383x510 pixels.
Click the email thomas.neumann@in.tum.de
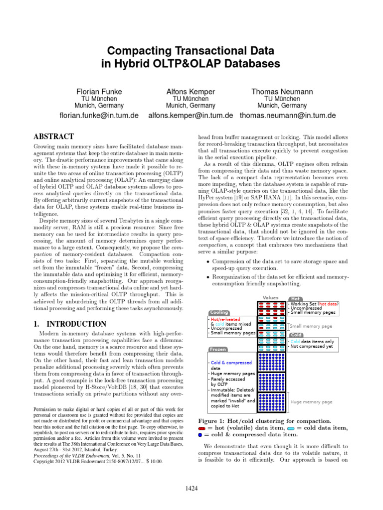tap(288, 116)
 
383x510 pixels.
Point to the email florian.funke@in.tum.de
tap(99, 116)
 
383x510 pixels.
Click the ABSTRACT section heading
tap(54, 136)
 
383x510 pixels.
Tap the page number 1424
tap(191, 489)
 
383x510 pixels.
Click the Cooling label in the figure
tap(219, 312)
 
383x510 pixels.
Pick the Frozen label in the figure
tap(218, 349)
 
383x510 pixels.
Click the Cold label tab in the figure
tap(297, 334)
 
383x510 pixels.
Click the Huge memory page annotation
tap(311, 401)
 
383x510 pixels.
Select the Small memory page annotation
tap(311, 326)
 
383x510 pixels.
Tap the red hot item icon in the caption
tap(201, 428)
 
